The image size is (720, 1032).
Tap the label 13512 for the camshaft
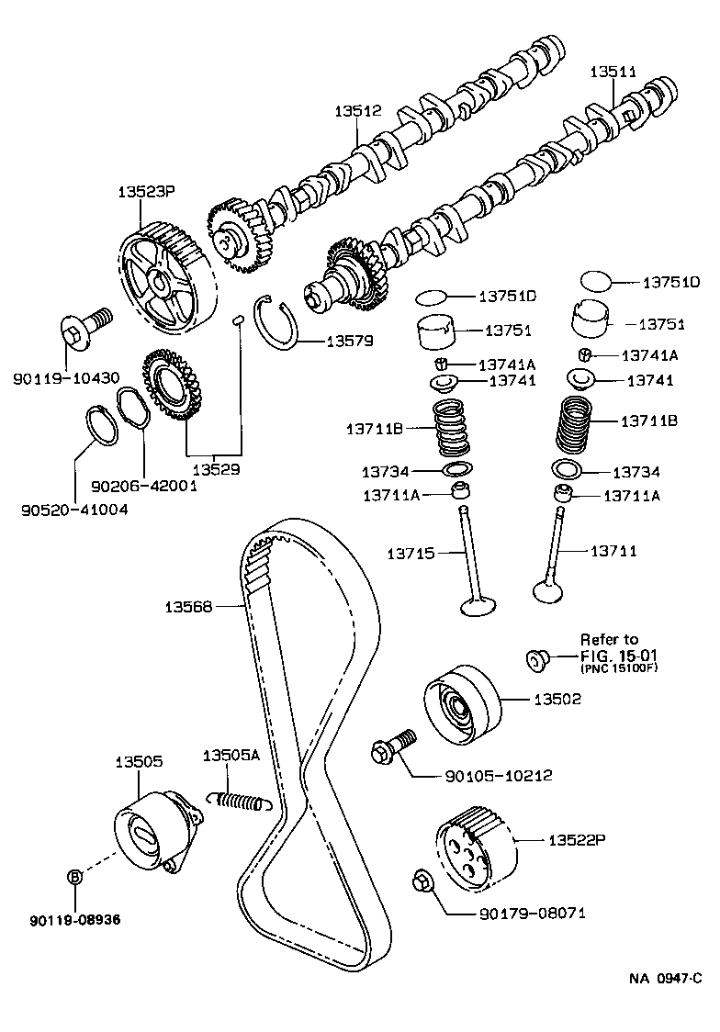[358, 111]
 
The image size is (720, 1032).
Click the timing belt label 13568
[189, 606]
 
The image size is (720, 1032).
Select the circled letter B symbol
[75, 876]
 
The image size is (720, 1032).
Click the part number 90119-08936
[75, 918]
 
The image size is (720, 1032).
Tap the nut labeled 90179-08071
[423, 881]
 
